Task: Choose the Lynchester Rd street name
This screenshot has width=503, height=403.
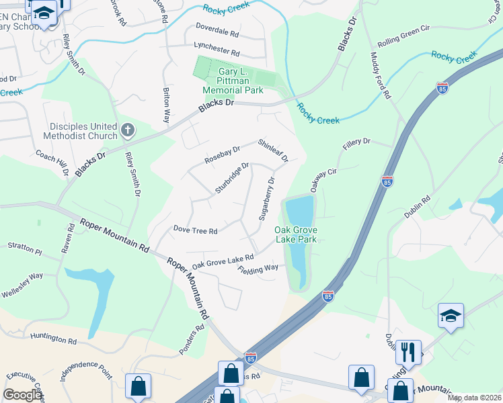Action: click(217, 52)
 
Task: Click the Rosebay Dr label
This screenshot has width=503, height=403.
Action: click(222, 155)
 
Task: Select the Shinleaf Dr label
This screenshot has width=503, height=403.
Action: click(274, 150)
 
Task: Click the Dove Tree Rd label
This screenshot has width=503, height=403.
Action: click(195, 231)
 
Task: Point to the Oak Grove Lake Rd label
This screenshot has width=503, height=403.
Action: click(223, 261)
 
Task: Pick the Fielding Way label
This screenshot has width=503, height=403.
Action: click(258, 269)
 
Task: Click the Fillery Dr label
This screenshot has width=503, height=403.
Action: click(356, 142)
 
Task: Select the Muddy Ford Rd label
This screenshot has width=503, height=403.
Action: click(380, 75)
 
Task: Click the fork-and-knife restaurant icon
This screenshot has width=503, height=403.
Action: click(408, 351)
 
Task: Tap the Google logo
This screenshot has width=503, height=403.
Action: click(23, 395)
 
